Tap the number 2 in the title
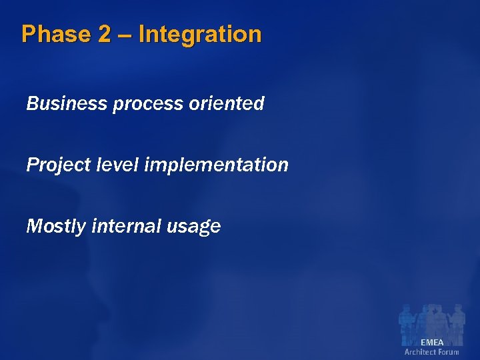pos(104,34)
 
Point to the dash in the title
pos(125,35)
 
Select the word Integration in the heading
pos(200,34)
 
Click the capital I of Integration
pos(142,34)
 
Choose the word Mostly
pos(56,227)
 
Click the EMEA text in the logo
pos(432,342)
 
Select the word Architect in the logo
pos(420,351)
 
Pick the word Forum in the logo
pos(449,351)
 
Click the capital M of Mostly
pos(34,226)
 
